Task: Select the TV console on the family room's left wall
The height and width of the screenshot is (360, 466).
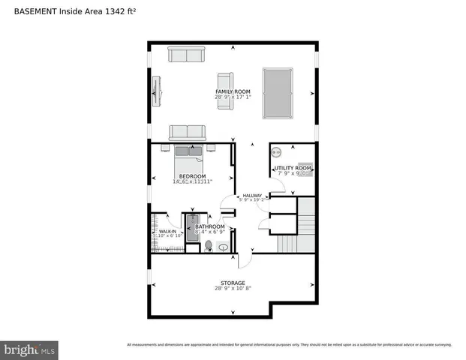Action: (x=156, y=93)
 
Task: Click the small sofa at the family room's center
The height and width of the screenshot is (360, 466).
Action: (x=224, y=91)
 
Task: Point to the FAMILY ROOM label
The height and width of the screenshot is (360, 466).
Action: (x=232, y=91)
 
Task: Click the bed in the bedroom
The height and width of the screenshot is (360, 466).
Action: (x=188, y=160)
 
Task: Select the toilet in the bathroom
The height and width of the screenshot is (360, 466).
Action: (x=208, y=245)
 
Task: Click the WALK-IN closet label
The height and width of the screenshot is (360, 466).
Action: (x=167, y=232)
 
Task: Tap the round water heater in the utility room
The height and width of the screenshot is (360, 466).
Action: (x=275, y=150)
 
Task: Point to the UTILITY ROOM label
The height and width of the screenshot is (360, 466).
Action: (x=293, y=168)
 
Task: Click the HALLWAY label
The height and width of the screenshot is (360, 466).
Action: (x=252, y=196)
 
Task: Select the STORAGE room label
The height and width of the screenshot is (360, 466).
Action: (x=232, y=283)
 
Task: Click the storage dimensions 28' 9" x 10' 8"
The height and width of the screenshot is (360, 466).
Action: (x=232, y=289)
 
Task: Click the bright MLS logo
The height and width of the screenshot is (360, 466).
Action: (x=30, y=350)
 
